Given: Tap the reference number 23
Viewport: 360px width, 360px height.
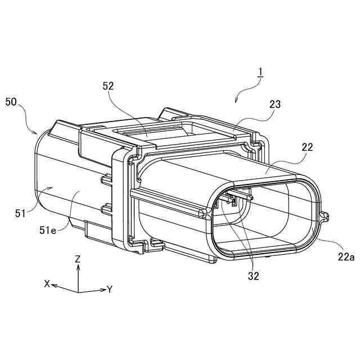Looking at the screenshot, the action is [x=275, y=105].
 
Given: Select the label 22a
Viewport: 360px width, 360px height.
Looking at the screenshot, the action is [x=345, y=256].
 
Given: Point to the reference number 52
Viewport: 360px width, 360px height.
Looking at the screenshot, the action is [x=109, y=86].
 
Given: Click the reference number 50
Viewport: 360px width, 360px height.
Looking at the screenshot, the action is [x=11, y=102].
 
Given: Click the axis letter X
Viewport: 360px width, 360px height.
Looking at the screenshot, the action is [x=47, y=284].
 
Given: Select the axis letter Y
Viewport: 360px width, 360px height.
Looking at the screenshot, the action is [x=110, y=290].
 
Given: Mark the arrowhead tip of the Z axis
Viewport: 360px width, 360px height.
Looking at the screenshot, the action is [x=78, y=266].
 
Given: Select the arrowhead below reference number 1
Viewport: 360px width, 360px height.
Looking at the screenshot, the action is [x=236, y=102].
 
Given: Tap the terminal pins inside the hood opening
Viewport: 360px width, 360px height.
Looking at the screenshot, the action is [x=236, y=198].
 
